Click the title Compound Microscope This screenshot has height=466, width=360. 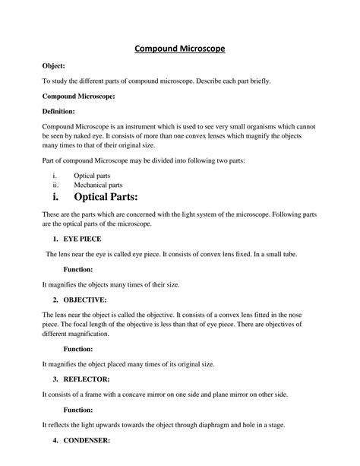[179, 49]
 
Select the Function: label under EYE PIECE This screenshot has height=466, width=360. [78, 269]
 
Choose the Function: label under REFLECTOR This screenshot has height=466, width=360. [78, 408]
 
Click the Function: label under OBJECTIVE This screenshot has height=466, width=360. [78, 349]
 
